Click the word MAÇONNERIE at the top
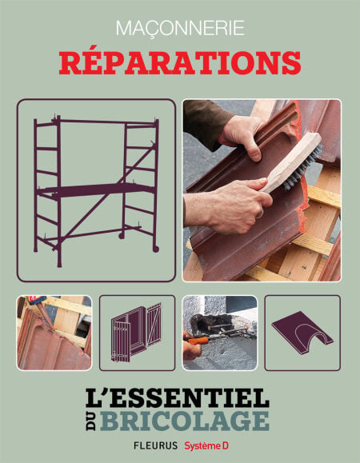coord(180,28)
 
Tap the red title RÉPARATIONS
coord(180,63)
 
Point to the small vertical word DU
coord(91,421)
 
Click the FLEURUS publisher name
coord(156,445)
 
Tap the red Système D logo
coord(206,446)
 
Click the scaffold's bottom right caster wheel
coord(156,249)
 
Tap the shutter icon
coord(137,332)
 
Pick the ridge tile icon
coord(302,332)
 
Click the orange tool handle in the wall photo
coord(197,341)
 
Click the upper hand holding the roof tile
coord(241,137)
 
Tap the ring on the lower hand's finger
coord(260,214)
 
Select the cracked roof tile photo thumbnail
coord(54,333)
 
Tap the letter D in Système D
coord(226,446)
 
